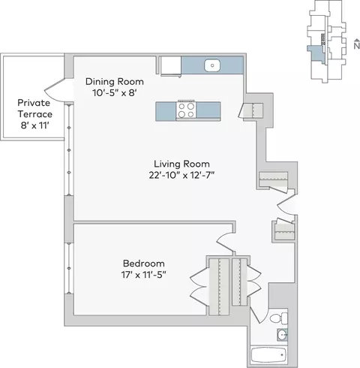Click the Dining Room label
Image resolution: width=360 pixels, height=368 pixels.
115,82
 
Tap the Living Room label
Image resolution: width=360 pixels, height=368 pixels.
181,164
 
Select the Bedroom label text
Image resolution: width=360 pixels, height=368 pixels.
144,264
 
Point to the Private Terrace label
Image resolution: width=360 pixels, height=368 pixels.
34,108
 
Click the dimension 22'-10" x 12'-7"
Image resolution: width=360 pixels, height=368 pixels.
181,175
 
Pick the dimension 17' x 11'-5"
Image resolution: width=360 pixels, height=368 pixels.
144,275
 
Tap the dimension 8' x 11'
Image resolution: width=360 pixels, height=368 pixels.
34,125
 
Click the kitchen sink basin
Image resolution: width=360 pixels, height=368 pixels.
212,65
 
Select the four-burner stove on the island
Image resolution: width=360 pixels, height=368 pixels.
186,110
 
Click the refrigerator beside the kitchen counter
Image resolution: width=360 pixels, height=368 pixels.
170,65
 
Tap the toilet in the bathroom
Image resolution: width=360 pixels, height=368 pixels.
279,318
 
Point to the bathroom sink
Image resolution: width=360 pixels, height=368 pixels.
282,335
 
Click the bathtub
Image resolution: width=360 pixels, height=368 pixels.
268,355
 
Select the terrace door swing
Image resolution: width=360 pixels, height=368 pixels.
55,90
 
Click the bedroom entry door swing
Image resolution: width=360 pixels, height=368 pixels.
226,242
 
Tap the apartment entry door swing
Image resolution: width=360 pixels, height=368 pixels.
286,204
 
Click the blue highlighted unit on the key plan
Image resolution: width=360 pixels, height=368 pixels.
316,53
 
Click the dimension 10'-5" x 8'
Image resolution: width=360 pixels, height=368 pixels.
115,93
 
